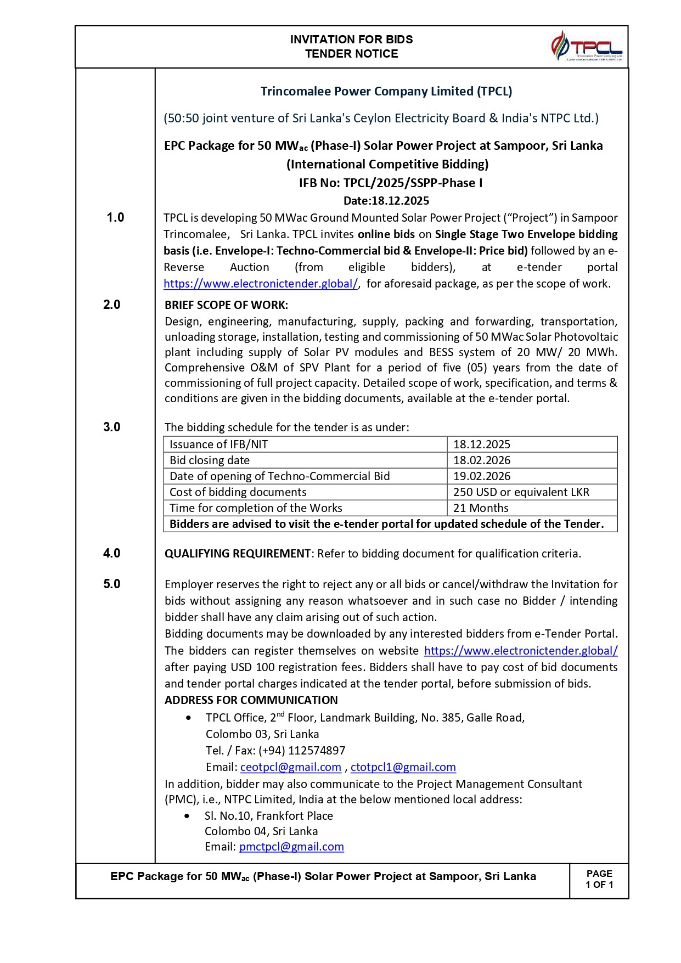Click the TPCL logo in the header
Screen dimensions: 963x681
(x=587, y=46)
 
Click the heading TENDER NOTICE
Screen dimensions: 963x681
(x=351, y=54)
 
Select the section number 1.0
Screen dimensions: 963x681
(x=115, y=217)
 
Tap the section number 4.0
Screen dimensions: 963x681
(x=112, y=553)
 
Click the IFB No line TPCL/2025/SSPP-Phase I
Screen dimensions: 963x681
(x=390, y=183)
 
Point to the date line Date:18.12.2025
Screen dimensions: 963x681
(x=386, y=201)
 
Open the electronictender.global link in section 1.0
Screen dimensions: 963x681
(x=261, y=284)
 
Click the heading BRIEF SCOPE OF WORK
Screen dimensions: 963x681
(x=226, y=305)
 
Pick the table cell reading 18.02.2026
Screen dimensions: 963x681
(x=481, y=460)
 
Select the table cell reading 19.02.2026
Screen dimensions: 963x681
(x=481, y=476)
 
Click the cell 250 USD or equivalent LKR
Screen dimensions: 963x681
(x=521, y=492)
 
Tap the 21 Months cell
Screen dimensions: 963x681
(x=481, y=508)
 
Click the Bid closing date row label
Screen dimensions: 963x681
(x=209, y=460)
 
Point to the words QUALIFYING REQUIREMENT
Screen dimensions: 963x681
(x=238, y=554)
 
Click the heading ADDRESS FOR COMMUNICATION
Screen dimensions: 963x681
(x=251, y=700)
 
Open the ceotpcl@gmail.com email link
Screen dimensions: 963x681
(x=290, y=767)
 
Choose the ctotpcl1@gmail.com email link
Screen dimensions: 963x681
(x=403, y=767)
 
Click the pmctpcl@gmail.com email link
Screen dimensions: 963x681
(x=291, y=847)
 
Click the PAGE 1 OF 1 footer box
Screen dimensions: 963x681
(x=599, y=879)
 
